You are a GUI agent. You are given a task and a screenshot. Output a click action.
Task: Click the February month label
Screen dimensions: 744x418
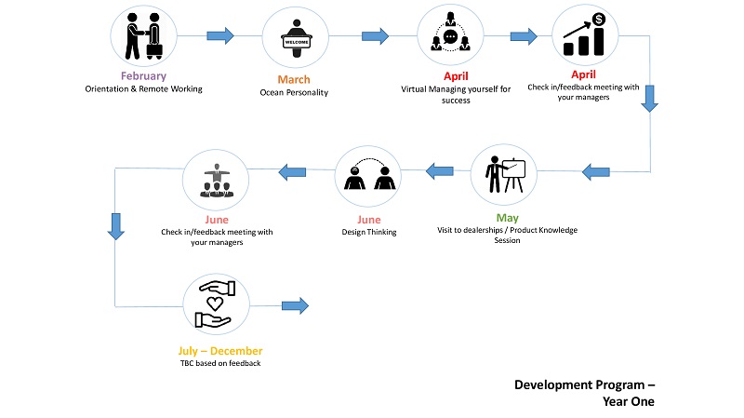pyautogui.click(x=143, y=76)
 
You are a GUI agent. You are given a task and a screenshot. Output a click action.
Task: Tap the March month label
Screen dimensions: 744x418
pyautogui.click(x=294, y=79)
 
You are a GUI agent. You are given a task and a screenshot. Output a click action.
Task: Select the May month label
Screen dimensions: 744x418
pyautogui.click(x=507, y=218)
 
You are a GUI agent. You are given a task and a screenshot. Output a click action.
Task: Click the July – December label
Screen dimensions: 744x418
pyautogui.click(x=220, y=351)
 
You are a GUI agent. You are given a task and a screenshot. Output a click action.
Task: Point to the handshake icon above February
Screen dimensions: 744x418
pyautogui.click(x=144, y=36)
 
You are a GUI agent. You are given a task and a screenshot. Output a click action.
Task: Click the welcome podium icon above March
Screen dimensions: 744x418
pyautogui.click(x=296, y=38)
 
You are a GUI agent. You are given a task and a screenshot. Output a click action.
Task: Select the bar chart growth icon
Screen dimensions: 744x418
pyautogui.click(x=585, y=34)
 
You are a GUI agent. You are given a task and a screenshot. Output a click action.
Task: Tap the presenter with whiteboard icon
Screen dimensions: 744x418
pyautogui.click(x=505, y=174)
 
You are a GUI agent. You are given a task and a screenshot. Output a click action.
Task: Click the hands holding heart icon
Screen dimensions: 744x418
pyautogui.click(x=215, y=304)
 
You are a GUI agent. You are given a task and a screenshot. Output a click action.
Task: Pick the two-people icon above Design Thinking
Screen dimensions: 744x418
pyautogui.click(x=369, y=174)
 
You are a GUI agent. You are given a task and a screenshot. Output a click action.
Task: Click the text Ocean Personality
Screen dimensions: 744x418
pyautogui.click(x=294, y=92)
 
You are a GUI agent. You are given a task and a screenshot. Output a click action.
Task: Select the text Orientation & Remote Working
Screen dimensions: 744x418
pyautogui.click(x=144, y=88)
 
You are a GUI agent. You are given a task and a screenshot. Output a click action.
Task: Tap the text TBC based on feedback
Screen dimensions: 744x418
pyautogui.click(x=220, y=363)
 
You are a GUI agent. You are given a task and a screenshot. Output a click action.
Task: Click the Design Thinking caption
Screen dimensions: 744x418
pyautogui.click(x=369, y=232)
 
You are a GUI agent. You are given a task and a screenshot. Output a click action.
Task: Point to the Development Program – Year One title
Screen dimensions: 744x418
pyautogui.click(x=585, y=393)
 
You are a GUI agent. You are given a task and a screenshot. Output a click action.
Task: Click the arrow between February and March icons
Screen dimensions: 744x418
pyautogui.click(x=220, y=35)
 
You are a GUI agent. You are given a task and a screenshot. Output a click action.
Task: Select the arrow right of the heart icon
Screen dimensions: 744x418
pyautogui.click(x=295, y=305)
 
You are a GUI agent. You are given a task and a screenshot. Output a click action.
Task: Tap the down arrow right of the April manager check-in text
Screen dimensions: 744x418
pyautogui.click(x=649, y=99)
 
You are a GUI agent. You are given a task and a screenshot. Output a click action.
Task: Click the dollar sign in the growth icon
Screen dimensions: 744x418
pyautogui.click(x=599, y=20)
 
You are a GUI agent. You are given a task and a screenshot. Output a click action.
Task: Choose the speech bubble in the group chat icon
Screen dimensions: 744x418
pyautogui.click(x=450, y=36)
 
